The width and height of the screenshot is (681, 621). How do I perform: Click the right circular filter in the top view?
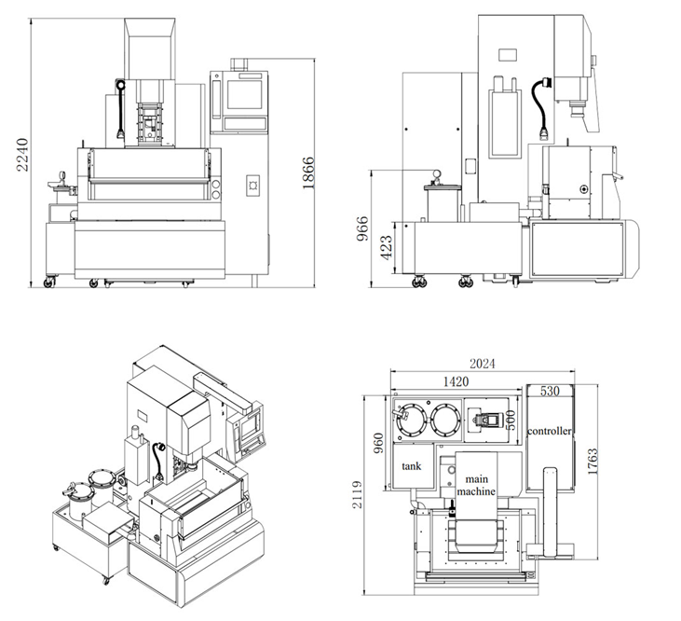coord(444,421)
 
